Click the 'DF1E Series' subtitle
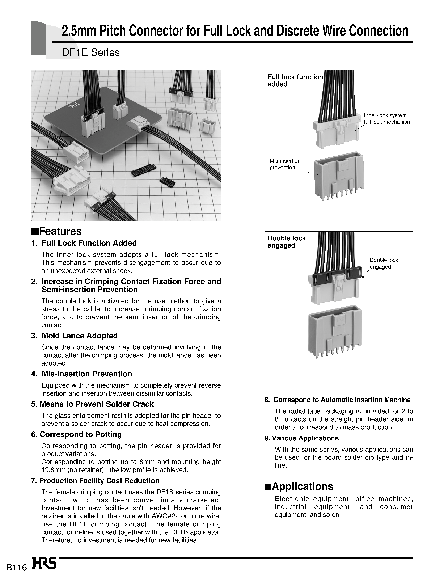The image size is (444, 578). click(x=91, y=53)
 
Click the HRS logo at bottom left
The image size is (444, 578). click(x=44, y=563)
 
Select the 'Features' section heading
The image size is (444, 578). click(x=57, y=231)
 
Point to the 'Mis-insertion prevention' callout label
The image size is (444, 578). click(x=285, y=164)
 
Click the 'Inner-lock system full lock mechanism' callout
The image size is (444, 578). click(x=387, y=119)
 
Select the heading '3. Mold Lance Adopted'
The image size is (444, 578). click(x=75, y=336)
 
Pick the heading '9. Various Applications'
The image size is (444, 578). click(x=301, y=438)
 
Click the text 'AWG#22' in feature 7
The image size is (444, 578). click(x=166, y=516)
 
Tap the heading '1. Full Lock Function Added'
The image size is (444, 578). click(x=84, y=243)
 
